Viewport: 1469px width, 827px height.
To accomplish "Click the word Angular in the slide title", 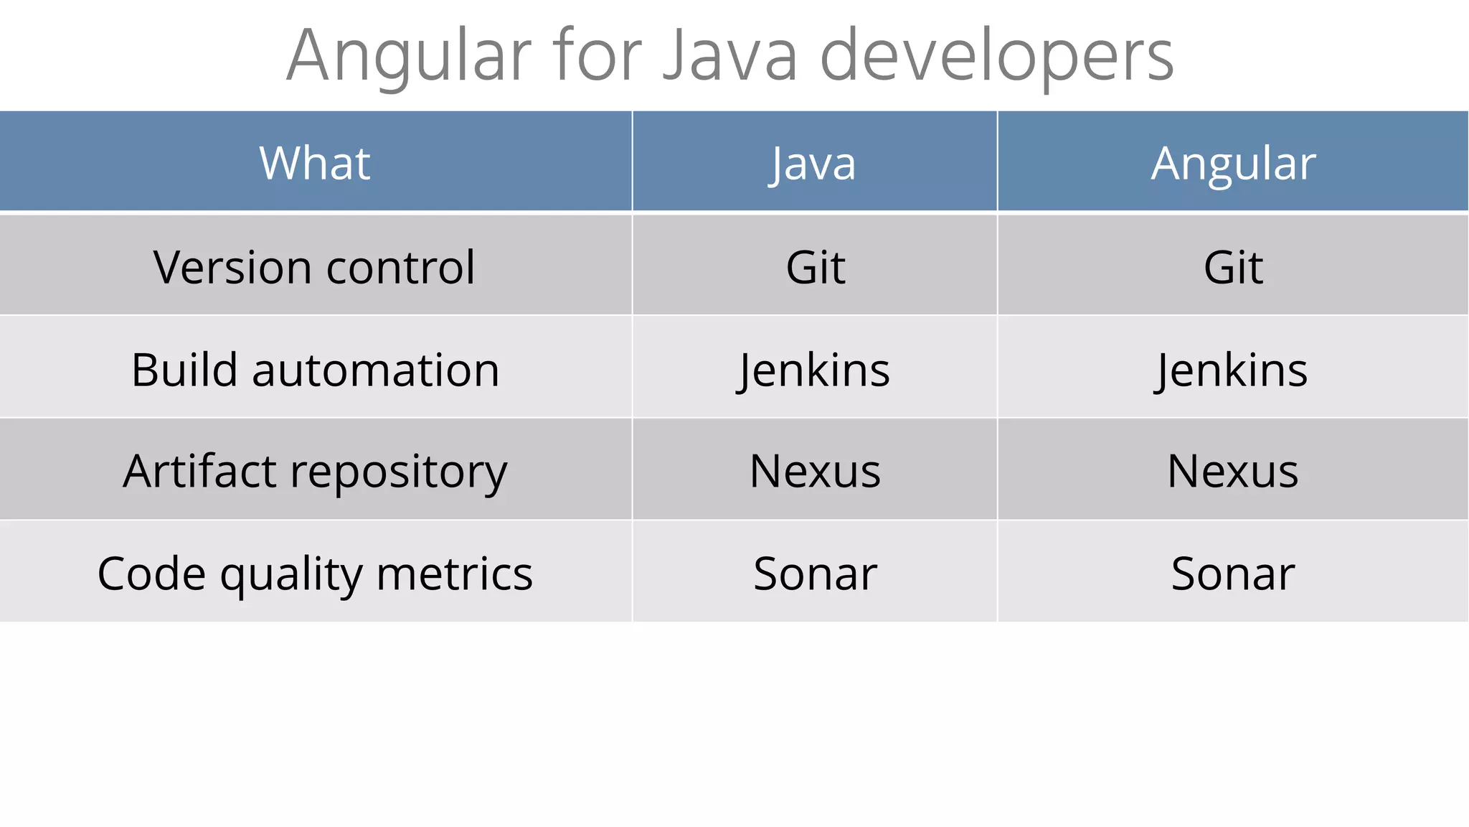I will [x=410, y=56].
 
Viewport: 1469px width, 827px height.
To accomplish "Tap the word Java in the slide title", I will [x=729, y=56].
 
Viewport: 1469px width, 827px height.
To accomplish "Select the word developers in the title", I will [x=996, y=56].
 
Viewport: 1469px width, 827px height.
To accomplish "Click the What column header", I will [x=315, y=163].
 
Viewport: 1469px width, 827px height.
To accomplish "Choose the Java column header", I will [x=813, y=163].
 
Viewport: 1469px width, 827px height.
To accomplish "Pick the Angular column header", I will [x=1233, y=163].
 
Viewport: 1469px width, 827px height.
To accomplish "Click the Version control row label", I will [x=314, y=267].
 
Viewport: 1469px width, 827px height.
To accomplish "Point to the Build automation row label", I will [x=315, y=370].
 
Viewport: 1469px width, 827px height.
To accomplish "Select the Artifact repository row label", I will [x=315, y=472].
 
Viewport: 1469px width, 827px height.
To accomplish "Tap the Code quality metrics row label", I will [x=315, y=574].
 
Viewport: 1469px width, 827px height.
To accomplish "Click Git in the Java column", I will [x=815, y=267].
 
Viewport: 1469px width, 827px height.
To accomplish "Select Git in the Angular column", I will [x=1233, y=267].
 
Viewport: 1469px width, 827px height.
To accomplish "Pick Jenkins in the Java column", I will [x=815, y=370].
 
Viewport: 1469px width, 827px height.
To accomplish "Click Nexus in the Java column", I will [x=815, y=472].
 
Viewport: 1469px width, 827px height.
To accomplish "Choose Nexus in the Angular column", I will [x=1232, y=472].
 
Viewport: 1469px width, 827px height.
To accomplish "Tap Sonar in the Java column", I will [x=815, y=574].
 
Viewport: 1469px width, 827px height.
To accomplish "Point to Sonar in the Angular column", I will [x=1232, y=574].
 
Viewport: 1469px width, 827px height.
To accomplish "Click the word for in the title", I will [x=597, y=56].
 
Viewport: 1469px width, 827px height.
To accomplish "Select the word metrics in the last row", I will [x=454, y=574].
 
